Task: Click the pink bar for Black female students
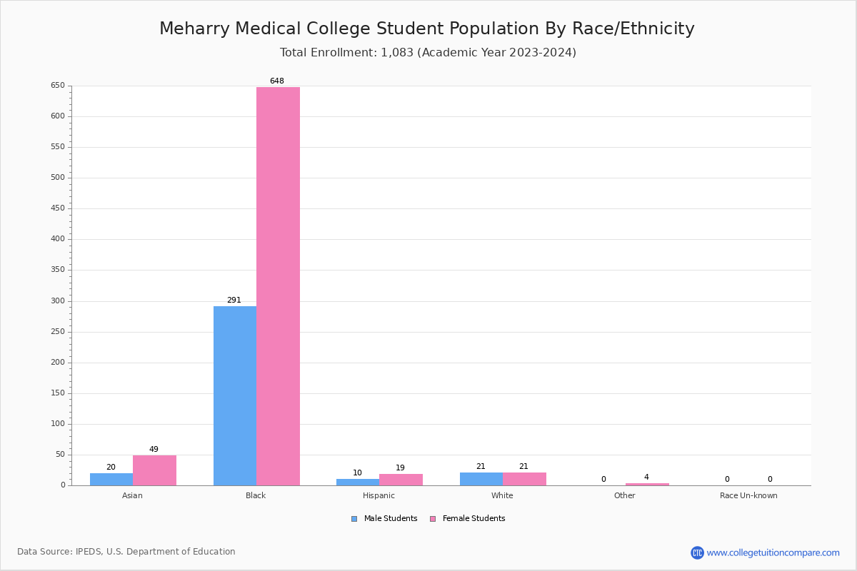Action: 278,285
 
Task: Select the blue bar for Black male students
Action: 235,395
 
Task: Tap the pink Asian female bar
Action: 154,470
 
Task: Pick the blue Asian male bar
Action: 111,479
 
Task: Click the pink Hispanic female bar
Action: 401,480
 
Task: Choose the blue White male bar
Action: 481,479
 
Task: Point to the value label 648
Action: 277,81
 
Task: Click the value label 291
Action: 234,300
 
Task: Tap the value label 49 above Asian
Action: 154,450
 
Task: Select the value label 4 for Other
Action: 646,477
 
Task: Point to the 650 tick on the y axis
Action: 58,86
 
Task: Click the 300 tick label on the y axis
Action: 58,301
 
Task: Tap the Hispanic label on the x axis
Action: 379,495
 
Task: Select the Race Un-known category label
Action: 748,495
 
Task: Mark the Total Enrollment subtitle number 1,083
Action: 397,53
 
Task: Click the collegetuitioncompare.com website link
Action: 773,552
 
